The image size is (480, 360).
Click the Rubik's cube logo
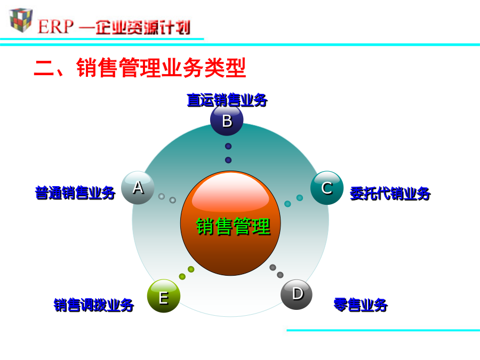[x=21, y=20]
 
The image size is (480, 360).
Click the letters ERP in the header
[x=55, y=27]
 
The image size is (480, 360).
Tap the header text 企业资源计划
[x=143, y=27]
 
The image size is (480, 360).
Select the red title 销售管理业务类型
[x=161, y=67]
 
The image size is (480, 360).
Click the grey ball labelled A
[x=138, y=188]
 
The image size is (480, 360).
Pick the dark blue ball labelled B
[x=227, y=119]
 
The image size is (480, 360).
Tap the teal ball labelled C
[x=327, y=188]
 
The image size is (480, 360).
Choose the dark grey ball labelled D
[x=297, y=294]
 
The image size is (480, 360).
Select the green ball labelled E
[x=164, y=295]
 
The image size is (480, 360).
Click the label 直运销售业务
[x=227, y=100]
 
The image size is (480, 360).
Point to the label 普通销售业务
[x=75, y=193]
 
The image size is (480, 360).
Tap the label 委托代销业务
[x=390, y=194]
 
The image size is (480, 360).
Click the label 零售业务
[x=361, y=305]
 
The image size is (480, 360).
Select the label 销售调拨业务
[x=94, y=305]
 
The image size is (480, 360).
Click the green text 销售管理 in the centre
[x=233, y=227]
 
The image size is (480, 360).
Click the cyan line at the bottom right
[x=383, y=330]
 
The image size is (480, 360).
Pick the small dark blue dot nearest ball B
[x=228, y=146]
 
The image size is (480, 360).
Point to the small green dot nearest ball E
[x=182, y=277]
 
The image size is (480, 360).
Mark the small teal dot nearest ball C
[x=300, y=198]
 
